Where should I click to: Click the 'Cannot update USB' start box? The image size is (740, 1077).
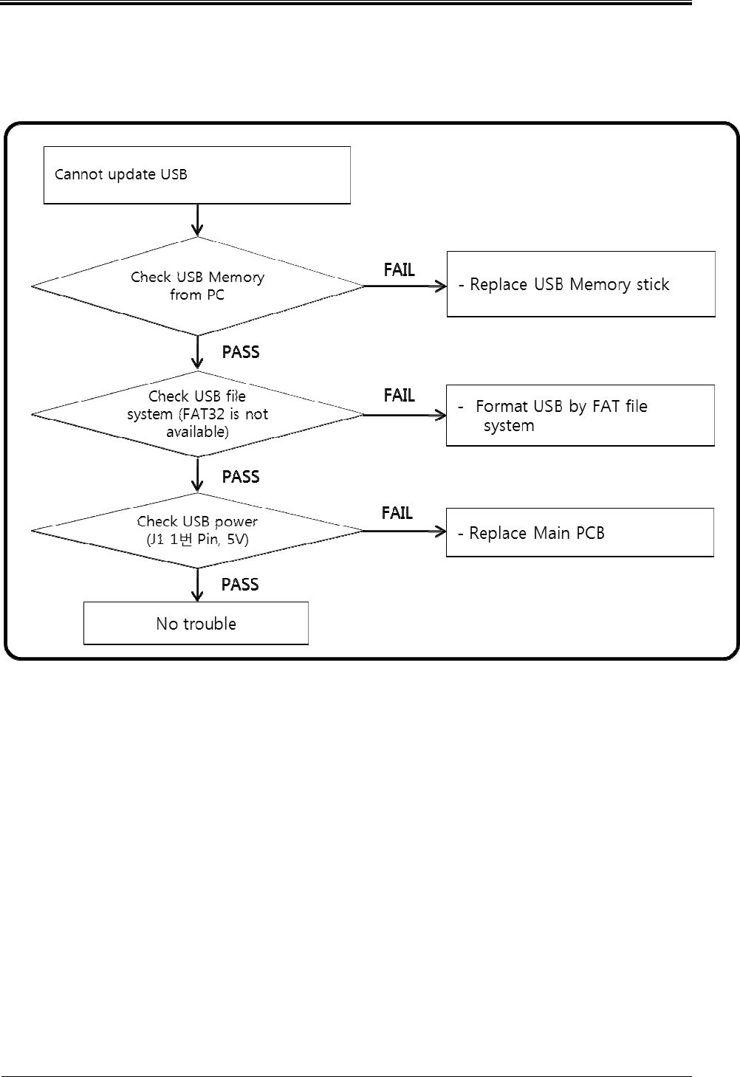click(x=196, y=175)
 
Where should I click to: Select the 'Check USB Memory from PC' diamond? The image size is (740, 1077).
click(x=197, y=286)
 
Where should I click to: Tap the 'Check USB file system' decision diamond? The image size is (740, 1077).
click(x=197, y=414)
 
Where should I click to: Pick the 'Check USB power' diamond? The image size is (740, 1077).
click(x=197, y=530)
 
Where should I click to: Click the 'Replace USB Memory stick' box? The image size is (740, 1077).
click(x=580, y=284)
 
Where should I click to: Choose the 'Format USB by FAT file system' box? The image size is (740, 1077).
click(x=580, y=416)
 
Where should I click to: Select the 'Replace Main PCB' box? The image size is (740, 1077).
click(x=580, y=533)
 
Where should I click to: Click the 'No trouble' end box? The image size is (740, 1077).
click(x=196, y=623)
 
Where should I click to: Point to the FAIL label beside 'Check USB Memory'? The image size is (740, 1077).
click(x=399, y=269)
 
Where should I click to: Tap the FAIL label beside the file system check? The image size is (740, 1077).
click(x=399, y=395)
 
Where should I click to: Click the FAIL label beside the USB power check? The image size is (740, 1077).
click(x=397, y=513)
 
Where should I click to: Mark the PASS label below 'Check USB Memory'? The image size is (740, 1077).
click(x=241, y=352)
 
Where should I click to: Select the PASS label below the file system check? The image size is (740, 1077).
click(x=241, y=476)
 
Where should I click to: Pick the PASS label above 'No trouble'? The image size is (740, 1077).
click(x=240, y=584)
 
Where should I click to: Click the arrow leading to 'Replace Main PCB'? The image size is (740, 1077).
click(x=405, y=531)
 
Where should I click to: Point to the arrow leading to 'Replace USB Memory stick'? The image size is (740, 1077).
click(x=405, y=286)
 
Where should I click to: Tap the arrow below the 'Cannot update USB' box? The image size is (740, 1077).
click(x=197, y=220)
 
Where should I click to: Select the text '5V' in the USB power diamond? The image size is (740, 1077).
click(x=236, y=539)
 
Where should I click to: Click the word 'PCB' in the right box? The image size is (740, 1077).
click(x=590, y=533)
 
